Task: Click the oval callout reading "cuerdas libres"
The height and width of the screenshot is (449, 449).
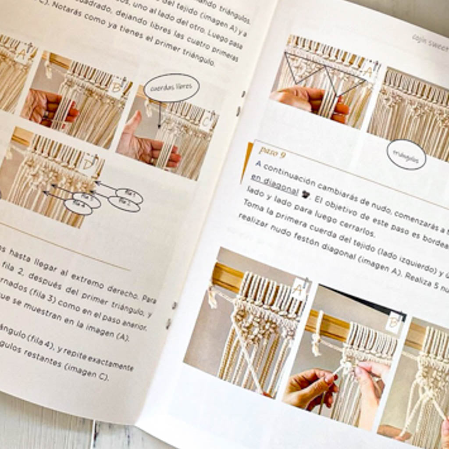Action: tap(171, 88)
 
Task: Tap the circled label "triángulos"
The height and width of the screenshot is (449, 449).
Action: tap(406, 155)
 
